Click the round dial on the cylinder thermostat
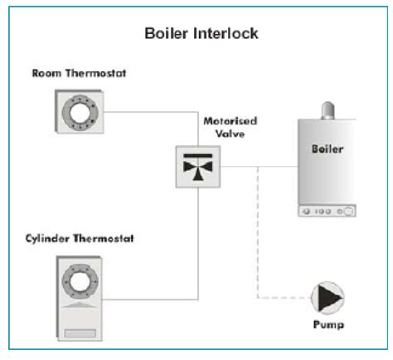point(80,282)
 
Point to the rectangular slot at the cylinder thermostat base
point(80,331)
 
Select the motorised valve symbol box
point(196,165)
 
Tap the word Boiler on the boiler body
point(325,151)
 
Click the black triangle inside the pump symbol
point(327,297)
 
